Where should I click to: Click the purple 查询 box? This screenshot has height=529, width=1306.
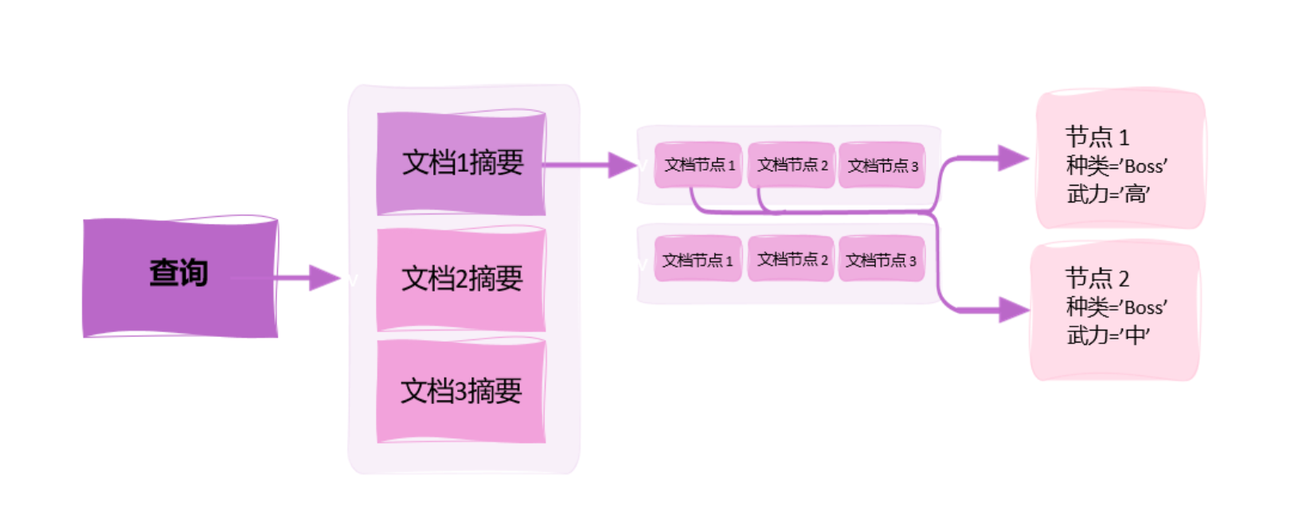click(x=180, y=277)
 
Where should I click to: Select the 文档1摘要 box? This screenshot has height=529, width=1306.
click(x=462, y=163)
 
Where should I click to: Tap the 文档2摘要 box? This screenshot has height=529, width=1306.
click(x=462, y=279)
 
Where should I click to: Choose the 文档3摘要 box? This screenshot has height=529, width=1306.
click(x=462, y=391)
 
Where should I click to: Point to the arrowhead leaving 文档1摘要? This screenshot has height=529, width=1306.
click(x=622, y=165)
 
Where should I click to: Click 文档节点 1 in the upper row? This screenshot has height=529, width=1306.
click(x=698, y=166)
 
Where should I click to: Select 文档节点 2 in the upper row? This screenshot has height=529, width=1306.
click(x=792, y=166)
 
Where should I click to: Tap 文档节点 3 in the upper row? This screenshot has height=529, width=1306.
click(x=882, y=166)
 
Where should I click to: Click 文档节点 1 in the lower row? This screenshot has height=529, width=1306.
click(x=698, y=260)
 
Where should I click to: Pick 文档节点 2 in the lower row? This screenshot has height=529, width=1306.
click(x=792, y=260)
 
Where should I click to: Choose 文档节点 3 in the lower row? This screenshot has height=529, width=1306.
click(x=881, y=260)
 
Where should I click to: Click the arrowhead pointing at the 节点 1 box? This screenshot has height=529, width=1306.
click(x=1013, y=158)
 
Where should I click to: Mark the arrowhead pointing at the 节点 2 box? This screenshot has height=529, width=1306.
click(x=1014, y=310)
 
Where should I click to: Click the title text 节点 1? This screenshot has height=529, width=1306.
click(x=1097, y=137)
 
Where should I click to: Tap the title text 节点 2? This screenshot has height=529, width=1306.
click(x=1097, y=278)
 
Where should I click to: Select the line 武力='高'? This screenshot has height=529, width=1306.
click(x=1108, y=194)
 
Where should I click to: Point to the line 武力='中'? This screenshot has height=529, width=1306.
click(x=1108, y=335)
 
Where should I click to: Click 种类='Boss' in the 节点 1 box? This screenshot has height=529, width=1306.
click(x=1116, y=166)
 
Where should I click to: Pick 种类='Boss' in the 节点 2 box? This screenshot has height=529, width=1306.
click(x=1116, y=307)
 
